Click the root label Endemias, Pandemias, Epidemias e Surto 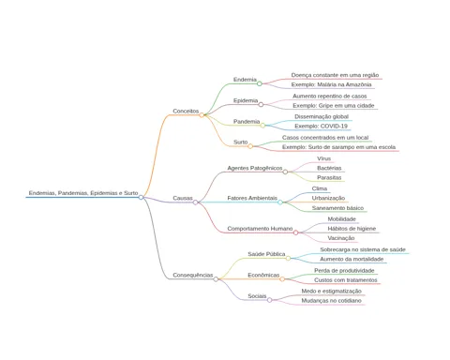coord(83,193)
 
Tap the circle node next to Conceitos coord(202,115)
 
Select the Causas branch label coord(183,198)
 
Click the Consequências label coord(193,275)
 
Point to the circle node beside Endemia coord(260,83)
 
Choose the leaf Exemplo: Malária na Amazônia coord(332,84)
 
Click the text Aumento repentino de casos coord(330,96)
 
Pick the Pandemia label coord(247,121)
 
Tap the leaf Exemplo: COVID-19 coord(321,126)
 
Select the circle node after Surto coord(250,146)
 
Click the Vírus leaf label coord(323,158)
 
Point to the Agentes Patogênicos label coord(255,168)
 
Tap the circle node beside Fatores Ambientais coord(280,202)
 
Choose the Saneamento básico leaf coord(337,208)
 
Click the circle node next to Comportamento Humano coord(295,232)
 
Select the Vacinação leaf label coord(341,238)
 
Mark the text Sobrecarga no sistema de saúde coord(363,249)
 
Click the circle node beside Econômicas coord(282,279)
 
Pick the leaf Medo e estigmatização coord(331,291)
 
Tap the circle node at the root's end coord(141,197)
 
